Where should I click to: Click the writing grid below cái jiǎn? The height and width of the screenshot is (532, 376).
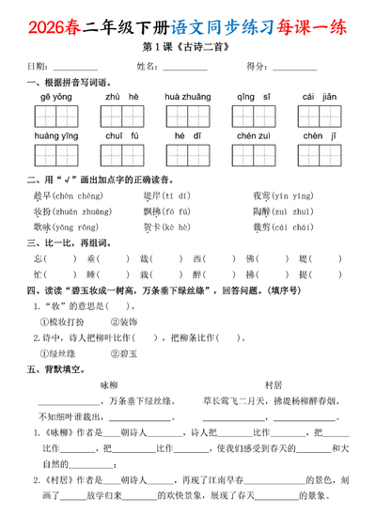(321, 117)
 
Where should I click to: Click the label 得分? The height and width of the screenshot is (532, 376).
(255, 66)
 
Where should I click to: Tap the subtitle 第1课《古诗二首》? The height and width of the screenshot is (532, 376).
(188, 46)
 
